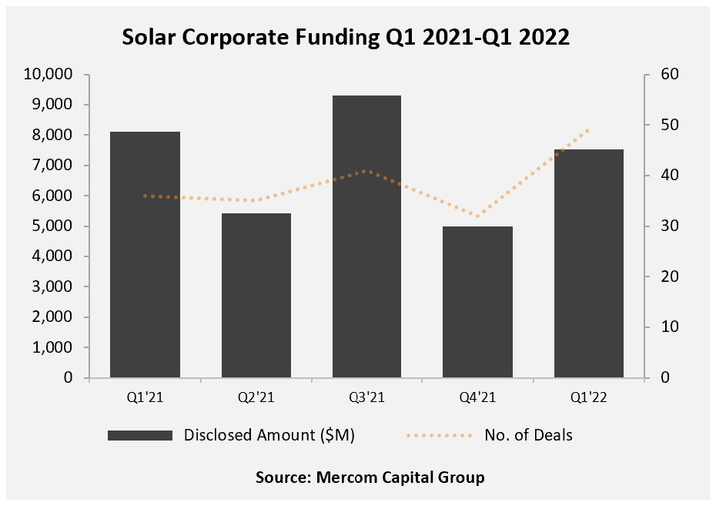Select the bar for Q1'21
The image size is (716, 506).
146,255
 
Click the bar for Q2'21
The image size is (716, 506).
256,296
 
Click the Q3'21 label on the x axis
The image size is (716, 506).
367,397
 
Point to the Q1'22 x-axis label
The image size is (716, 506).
589,397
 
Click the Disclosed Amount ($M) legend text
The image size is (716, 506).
269,435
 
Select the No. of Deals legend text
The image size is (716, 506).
528,435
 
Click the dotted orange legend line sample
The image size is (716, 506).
438,436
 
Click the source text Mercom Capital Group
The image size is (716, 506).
370,478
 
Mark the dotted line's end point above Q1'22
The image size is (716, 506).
589,129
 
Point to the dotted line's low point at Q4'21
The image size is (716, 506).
478,216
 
